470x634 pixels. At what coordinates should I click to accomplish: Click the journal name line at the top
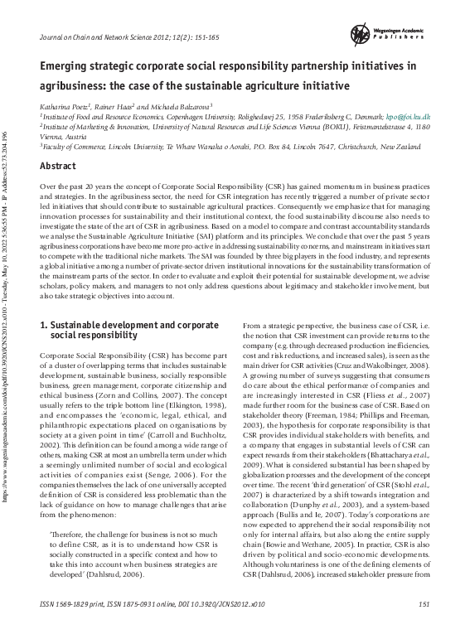point(124,39)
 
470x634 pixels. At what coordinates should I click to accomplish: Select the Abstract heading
point(59,166)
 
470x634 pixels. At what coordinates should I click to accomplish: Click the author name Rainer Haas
point(129,106)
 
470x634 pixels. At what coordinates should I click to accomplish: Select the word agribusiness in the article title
point(69,85)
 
